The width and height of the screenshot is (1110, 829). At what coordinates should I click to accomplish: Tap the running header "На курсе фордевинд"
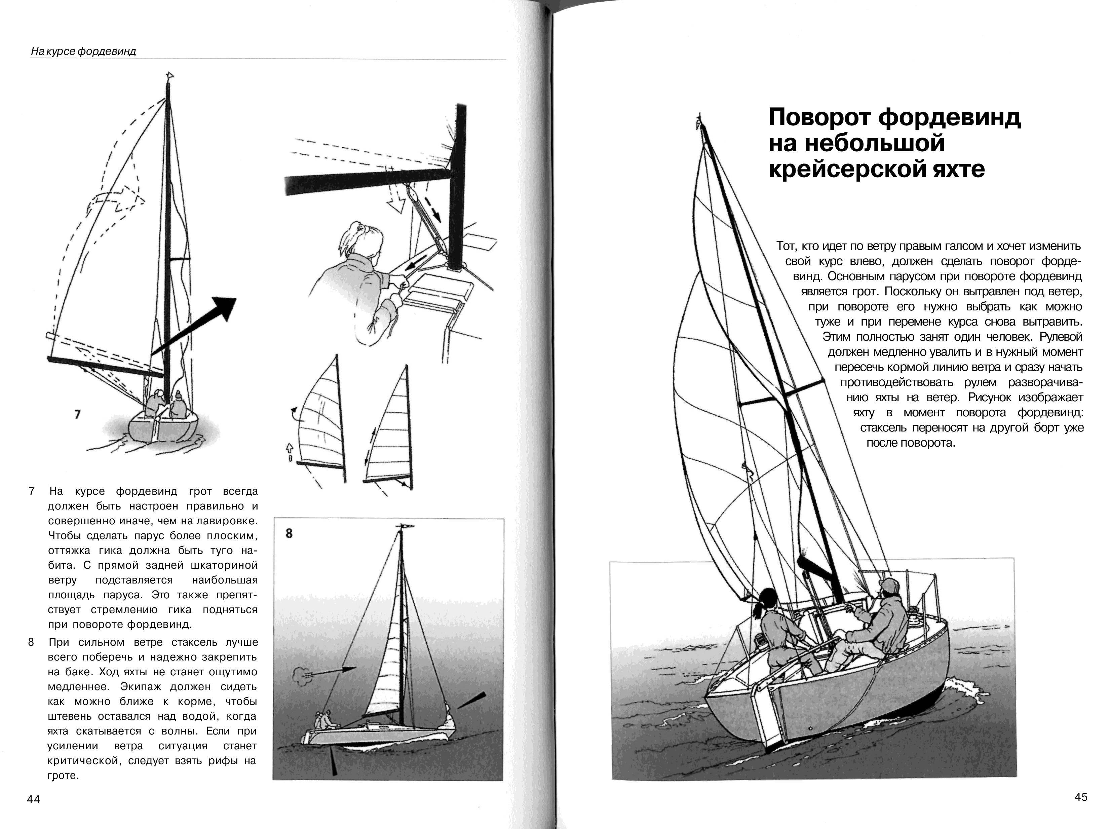(x=83, y=51)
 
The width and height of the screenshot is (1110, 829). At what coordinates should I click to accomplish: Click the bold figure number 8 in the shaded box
(x=289, y=533)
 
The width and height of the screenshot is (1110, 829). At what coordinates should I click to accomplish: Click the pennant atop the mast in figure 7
(x=170, y=76)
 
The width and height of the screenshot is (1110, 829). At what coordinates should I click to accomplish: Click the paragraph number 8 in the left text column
(x=31, y=642)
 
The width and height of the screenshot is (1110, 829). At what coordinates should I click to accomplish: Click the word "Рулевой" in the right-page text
(x=1060, y=337)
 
